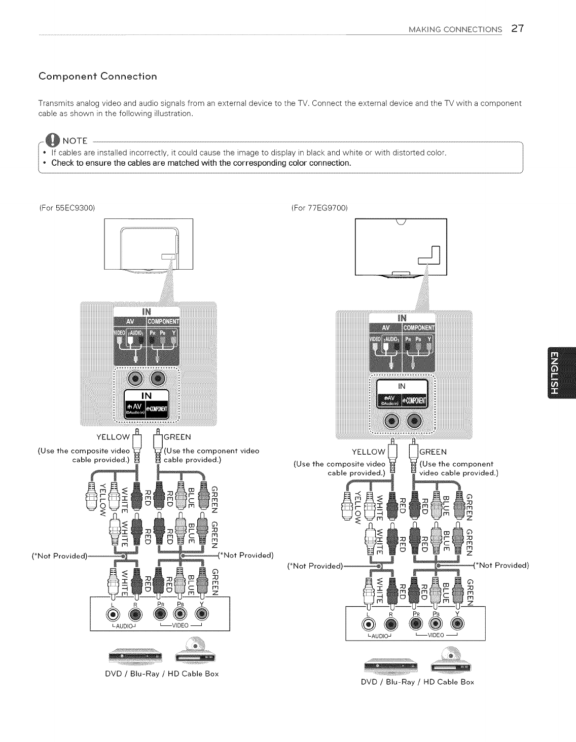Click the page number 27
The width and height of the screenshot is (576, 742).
coord(517,28)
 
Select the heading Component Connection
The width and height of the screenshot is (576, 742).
coord(98,77)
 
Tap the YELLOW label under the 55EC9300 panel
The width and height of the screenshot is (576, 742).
coord(113,437)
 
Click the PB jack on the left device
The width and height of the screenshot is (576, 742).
coord(179,614)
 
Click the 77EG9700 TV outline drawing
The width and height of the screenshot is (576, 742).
coord(401,246)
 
